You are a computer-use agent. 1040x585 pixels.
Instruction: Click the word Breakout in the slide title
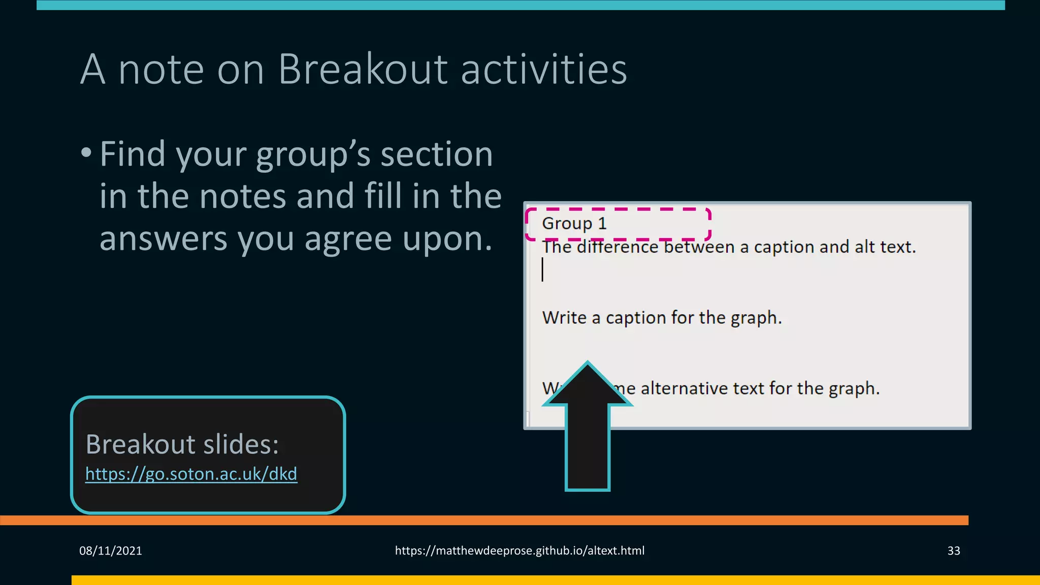363,69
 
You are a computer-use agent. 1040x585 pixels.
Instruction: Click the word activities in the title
544,69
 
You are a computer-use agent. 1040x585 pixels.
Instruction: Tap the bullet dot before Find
86,152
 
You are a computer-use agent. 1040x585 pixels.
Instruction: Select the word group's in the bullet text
313,154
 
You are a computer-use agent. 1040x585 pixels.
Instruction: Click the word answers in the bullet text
163,239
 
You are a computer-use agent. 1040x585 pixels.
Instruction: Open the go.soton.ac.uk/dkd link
191,474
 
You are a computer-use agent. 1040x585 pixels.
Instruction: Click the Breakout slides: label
182,444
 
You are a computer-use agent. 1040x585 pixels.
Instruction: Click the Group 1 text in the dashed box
574,223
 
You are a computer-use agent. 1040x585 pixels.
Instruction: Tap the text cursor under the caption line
542,269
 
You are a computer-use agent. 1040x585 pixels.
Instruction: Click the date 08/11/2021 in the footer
110,551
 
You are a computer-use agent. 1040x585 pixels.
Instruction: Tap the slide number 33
953,551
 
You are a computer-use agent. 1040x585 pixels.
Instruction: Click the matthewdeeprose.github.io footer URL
519,551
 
